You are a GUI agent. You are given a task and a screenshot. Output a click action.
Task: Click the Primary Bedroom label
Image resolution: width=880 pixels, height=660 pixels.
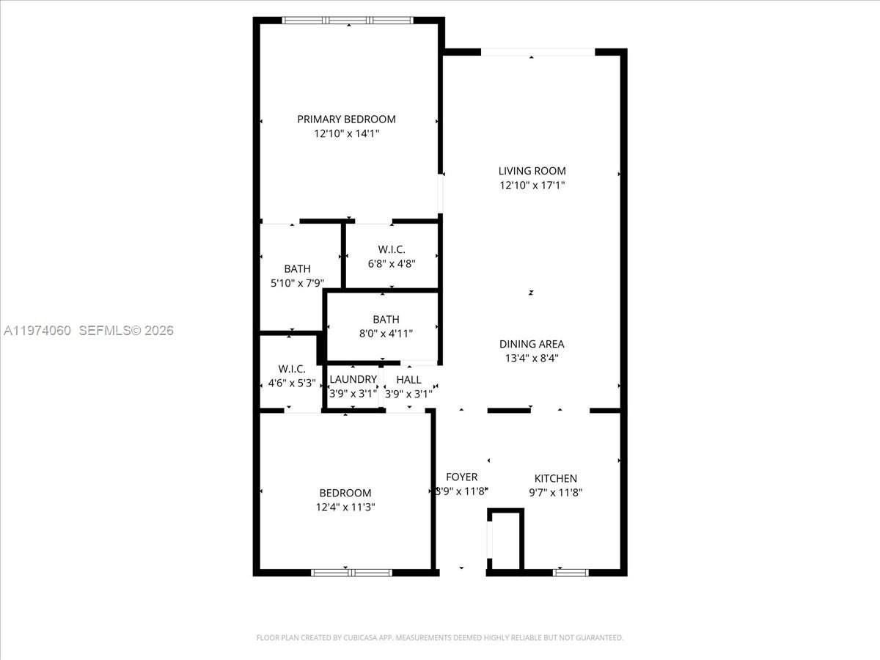[x=346, y=119]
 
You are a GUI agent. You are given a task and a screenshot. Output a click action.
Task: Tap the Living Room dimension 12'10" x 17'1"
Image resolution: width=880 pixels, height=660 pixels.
[x=532, y=186]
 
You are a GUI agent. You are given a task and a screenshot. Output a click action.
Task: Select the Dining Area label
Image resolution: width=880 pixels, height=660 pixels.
[x=532, y=344]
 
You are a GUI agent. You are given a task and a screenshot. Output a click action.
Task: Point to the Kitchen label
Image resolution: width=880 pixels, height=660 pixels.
[x=555, y=478]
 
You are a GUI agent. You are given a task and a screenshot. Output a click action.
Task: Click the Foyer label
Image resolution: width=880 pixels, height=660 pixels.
[x=461, y=477]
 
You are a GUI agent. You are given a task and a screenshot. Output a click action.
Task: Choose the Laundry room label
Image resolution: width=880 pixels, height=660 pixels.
[x=353, y=379]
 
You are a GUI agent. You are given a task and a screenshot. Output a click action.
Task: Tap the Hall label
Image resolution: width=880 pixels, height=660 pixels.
[x=408, y=379]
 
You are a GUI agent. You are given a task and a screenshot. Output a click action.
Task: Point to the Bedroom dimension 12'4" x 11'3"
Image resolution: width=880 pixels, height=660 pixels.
[x=345, y=507]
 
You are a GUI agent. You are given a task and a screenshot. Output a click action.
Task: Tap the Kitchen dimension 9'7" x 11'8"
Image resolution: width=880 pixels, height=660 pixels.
[x=555, y=493]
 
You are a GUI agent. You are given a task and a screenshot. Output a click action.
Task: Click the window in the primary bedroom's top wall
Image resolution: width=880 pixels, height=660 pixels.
[x=348, y=21]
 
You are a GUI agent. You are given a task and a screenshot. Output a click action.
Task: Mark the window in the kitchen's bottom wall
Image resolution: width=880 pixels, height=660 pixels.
[x=571, y=572]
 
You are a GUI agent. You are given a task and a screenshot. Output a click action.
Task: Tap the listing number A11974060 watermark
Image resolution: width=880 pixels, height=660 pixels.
[x=37, y=331]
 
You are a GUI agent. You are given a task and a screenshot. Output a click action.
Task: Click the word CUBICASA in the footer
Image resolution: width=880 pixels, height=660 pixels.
[x=360, y=638]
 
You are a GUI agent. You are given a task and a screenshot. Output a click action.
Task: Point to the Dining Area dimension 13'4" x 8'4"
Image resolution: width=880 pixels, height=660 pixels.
[x=532, y=358]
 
